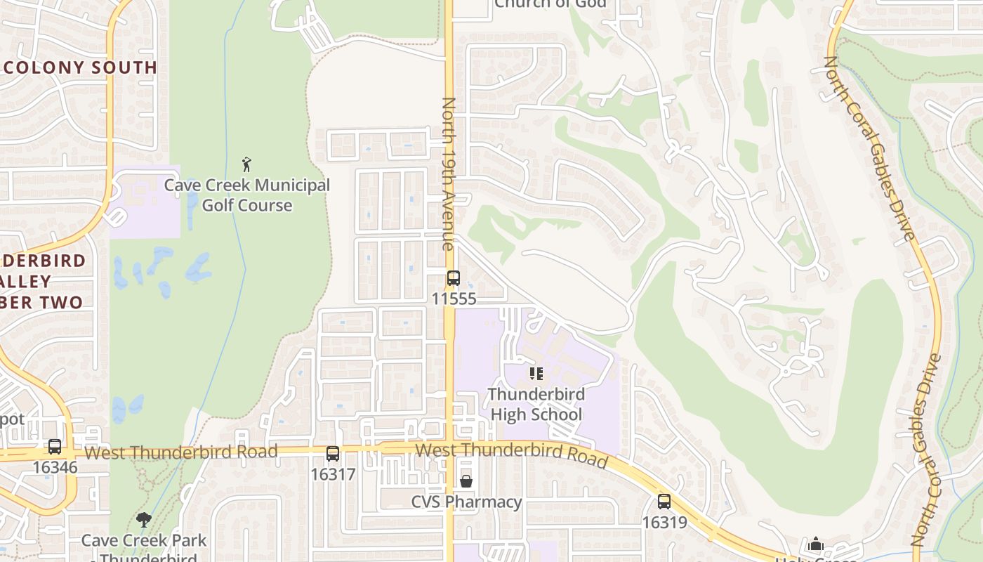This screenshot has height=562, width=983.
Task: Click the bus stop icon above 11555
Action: [454, 278]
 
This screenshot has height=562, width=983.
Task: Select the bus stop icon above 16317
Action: [333, 454]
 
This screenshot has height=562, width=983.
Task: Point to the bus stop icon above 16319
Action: [664, 502]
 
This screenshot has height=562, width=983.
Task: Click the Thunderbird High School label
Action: [536, 404]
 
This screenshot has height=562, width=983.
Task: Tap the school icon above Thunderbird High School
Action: [536, 373]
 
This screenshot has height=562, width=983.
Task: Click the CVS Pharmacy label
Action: [466, 502]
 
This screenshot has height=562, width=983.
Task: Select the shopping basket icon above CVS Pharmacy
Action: [466, 481]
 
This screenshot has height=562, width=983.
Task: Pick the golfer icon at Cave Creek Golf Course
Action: [246, 164]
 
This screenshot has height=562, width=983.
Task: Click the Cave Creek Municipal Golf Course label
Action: [246, 195]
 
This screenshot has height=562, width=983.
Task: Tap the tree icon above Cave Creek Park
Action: [144, 520]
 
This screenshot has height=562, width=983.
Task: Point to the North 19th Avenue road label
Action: [448, 174]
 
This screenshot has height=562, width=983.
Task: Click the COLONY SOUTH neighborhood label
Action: [79, 67]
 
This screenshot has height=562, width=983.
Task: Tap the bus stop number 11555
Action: [454, 299]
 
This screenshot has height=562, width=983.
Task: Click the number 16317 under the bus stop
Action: [333, 474]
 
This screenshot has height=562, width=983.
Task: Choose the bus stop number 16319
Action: [664, 523]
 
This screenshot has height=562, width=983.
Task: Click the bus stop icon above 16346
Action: [55, 446]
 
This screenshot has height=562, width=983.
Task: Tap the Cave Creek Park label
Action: [144, 541]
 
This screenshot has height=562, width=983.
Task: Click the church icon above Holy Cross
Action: [816, 544]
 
